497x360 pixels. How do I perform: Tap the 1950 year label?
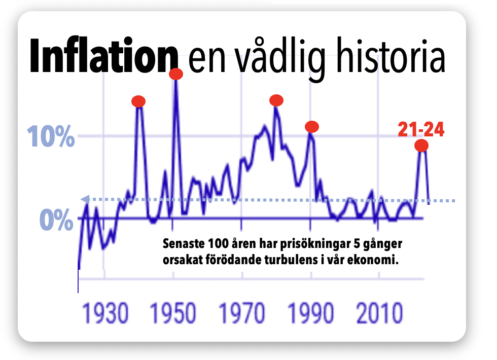point(173,314)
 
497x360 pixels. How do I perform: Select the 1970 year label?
point(243,314)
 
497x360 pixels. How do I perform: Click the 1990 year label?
point(311,314)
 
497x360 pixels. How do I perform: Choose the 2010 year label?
point(380,314)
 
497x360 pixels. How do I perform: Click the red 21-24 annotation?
point(421,130)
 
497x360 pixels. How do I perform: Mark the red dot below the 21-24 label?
point(421,146)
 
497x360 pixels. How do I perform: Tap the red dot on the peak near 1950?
point(176,74)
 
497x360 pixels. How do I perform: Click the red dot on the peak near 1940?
point(138,101)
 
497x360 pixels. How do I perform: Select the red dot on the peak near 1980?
point(276,100)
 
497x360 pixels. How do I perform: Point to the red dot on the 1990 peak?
point(312,126)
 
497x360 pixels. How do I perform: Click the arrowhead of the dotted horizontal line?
point(84,199)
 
